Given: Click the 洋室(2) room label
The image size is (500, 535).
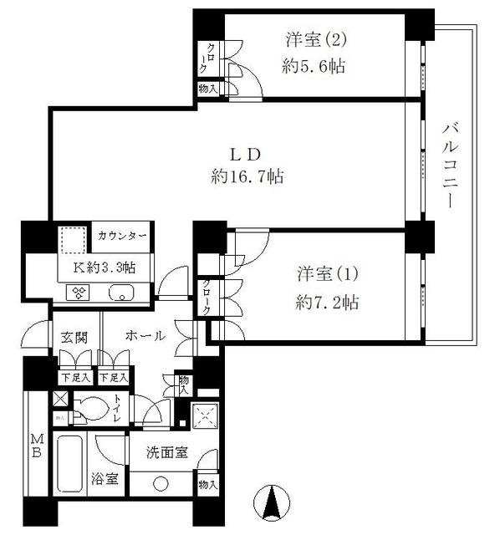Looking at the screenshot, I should point(315,38).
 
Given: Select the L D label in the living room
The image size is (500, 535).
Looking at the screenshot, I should point(247,154).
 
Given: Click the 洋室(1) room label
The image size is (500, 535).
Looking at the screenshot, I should point(327,274).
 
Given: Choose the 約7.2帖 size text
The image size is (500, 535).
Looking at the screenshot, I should point(326,302).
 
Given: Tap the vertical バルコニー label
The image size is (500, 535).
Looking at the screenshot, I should point(452,164).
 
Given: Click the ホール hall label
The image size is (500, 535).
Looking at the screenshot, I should point(145,335).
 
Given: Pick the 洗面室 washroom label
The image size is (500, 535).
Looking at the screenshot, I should point(166,454).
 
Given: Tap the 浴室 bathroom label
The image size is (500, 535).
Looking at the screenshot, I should point(105,480).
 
